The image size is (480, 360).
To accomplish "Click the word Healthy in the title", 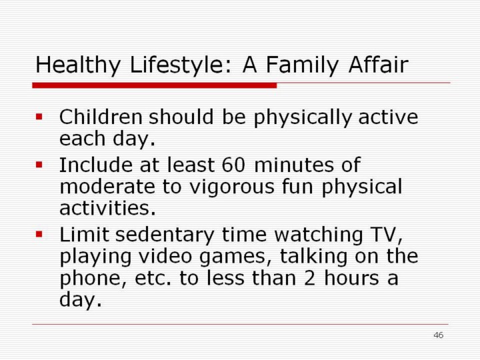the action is [x=78, y=65].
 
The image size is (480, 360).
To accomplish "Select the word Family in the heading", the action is [x=302, y=65].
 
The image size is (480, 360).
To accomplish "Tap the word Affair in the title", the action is [x=378, y=64].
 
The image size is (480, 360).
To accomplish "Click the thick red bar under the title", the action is [x=155, y=85].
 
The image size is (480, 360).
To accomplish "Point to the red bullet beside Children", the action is [x=39, y=117].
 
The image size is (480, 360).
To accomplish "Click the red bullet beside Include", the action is [x=39, y=165].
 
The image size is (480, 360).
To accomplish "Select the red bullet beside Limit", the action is [x=39, y=235].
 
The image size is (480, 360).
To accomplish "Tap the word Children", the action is [x=101, y=117].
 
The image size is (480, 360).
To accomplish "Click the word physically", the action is [x=303, y=118].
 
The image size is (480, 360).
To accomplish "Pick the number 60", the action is [x=233, y=165].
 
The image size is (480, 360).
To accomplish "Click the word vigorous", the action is [x=232, y=187].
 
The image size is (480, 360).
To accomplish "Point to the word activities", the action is [x=107, y=208].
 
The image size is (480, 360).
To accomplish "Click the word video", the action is [x=165, y=256].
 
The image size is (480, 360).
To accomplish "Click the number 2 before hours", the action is [x=309, y=278].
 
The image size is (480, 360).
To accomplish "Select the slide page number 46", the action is [x=439, y=335].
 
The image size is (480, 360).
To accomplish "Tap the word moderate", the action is [x=107, y=187].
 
